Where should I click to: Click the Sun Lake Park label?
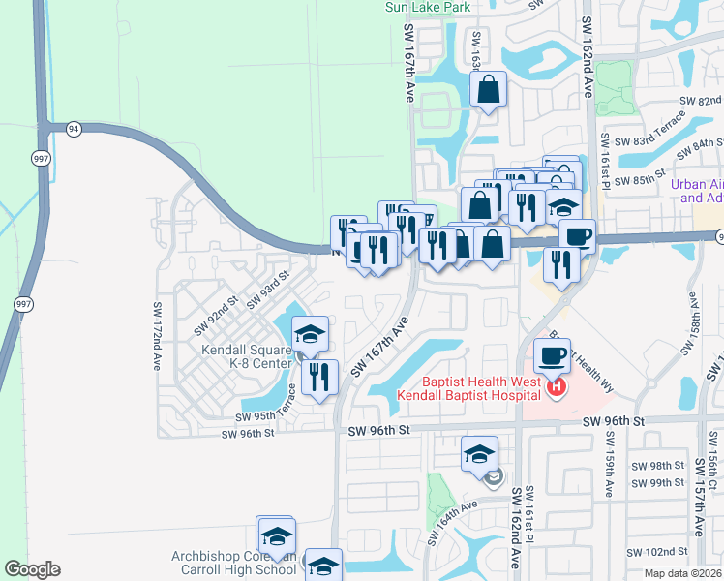[x=427, y=6]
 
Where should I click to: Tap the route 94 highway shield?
[x=72, y=128]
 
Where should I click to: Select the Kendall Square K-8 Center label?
[x=246, y=356]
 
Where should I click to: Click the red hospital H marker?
[x=557, y=388]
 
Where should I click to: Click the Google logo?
[x=32, y=569]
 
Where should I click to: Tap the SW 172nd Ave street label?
[x=157, y=336]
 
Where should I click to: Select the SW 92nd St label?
[x=214, y=312]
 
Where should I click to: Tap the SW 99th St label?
[x=668, y=482]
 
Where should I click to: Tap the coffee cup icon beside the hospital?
[x=551, y=356]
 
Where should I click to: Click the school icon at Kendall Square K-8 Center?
[x=310, y=334]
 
